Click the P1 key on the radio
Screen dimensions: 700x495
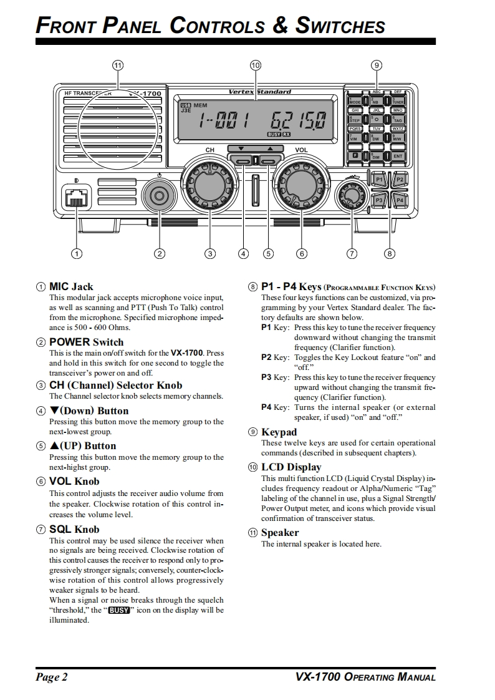pyautogui.click(x=379, y=180)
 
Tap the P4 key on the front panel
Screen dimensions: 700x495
pyautogui.click(x=400, y=200)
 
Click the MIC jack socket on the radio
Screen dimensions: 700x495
pyautogui.click(x=75, y=198)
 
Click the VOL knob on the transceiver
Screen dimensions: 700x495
pyautogui.click(x=302, y=185)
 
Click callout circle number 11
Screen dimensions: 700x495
pyautogui.click(x=118, y=65)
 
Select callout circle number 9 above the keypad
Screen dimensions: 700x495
pyautogui.click(x=375, y=65)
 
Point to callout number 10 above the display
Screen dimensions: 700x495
pyautogui.click(x=255, y=65)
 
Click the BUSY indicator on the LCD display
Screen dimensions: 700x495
pyautogui.click(x=274, y=134)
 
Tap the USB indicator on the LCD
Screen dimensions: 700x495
pyautogui.click(x=185, y=105)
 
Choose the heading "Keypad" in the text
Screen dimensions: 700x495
pyautogui.click(x=279, y=432)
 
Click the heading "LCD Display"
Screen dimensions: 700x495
pyautogui.click(x=291, y=467)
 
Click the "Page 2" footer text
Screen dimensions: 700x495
pyautogui.click(x=52, y=678)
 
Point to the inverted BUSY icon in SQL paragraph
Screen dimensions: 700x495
pyautogui.click(x=119, y=610)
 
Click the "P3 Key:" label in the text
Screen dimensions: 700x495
pyautogui.click(x=275, y=377)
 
